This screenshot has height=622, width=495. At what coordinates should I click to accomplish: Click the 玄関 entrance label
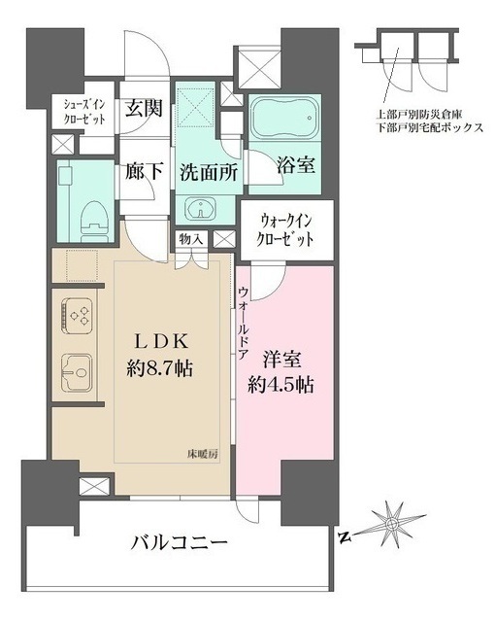click(x=143, y=109)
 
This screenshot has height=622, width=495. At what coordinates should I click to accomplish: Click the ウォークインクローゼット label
click(x=285, y=231)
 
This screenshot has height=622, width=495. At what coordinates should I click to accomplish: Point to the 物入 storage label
click(x=190, y=239)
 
